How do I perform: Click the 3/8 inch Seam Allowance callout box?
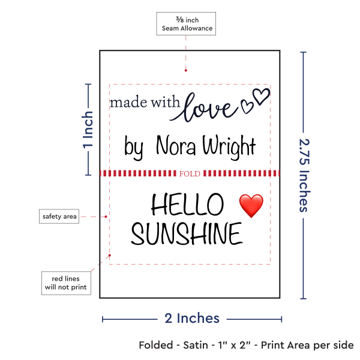pyautogui.click(x=186, y=23)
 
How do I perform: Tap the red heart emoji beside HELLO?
pyautogui.click(x=251, y=206)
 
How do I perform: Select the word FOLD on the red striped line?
pyautogui.click(x=190, y=174)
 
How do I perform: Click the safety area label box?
pyautogui.click(x=59, y=216)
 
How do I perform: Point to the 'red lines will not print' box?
pyautogui.click(x=66, y=283)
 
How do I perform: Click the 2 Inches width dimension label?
pyautogui.click(x=192, y=318)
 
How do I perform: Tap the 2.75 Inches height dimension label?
pyautogui.click(x=305, y=175)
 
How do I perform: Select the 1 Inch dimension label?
pyautogui.click(x=88, y=130)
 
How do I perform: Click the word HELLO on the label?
pyautogui.click(x=187, y=204)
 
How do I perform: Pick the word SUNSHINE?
pyautogui.click(x=187, y=233)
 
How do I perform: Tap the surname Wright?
pyautogui.click(x=229, y=147)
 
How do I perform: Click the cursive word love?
pyautogui.click(x=204, y=107)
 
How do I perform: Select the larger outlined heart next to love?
pyautogui.click(x=261, y=97)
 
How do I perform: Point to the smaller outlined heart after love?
pyautogui.click(x=247, y=106)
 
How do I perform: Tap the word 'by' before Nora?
pyautogui.click(x=134, y=147)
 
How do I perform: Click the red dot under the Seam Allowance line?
pyautogui.click(x=186, y=70)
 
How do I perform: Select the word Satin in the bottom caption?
pyautogui.click(x=196, y=345)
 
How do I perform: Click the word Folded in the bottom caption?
pyautogui.click(x=156, y=345)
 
